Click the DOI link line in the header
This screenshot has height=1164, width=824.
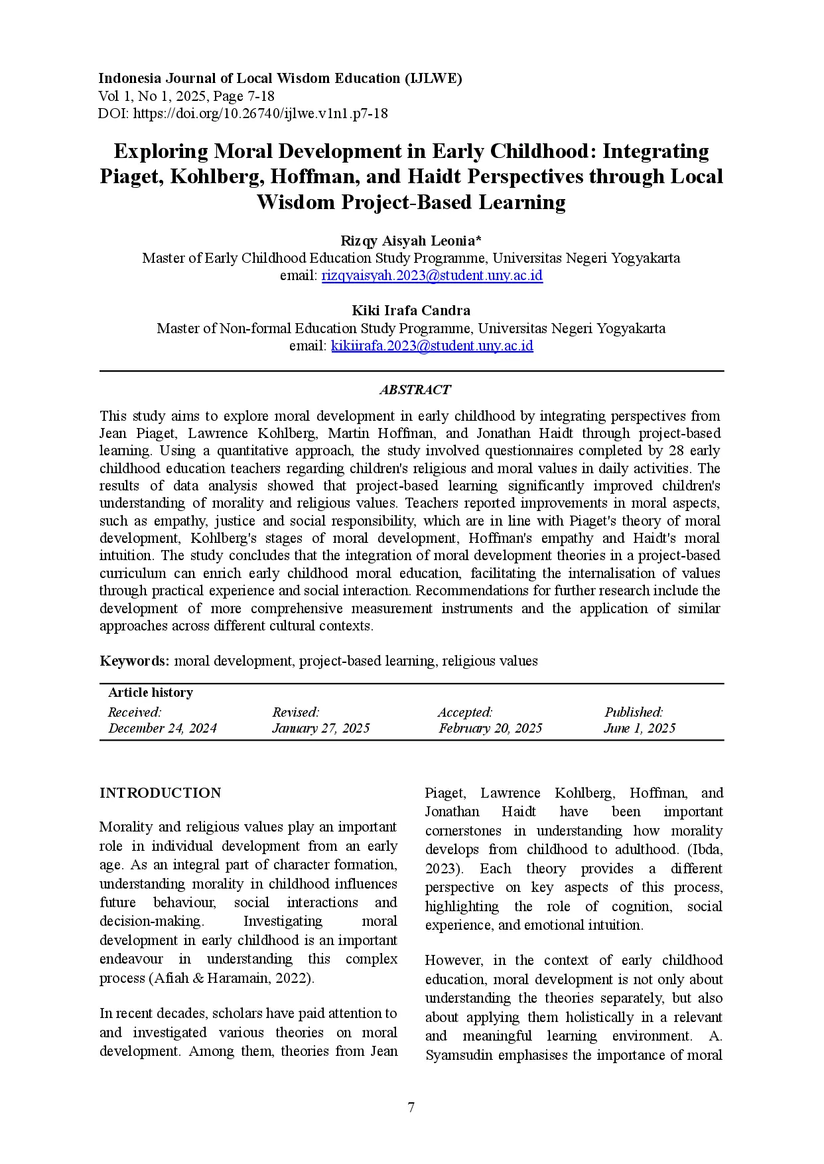pos(243,113)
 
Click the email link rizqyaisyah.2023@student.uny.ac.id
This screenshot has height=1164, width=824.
pos(432,275)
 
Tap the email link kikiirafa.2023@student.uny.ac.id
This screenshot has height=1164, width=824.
pos(432,346)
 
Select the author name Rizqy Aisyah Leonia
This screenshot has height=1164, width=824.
pos(411,240)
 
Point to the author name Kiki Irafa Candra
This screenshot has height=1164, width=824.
pos(411,311)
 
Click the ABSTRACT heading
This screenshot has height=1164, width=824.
pos(415,390)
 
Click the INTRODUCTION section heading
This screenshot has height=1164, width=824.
pos(160,793)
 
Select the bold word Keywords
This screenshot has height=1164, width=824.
pos(134,661)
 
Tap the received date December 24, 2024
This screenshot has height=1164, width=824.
pos(163,728)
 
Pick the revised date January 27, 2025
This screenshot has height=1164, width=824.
pos(320,728)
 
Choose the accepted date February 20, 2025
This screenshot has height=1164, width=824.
pos(490,728)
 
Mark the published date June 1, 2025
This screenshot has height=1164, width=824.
pos(640,728)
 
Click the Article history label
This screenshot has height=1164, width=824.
pos(151,692)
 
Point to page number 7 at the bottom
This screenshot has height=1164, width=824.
pos(411,1108)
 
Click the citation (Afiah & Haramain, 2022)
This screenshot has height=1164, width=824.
pos(232,978)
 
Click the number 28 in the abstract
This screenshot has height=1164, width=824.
pos(676,451)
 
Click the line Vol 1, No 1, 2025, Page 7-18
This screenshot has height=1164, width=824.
pos(186,96)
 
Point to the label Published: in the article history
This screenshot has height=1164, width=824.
pos(633,712)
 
